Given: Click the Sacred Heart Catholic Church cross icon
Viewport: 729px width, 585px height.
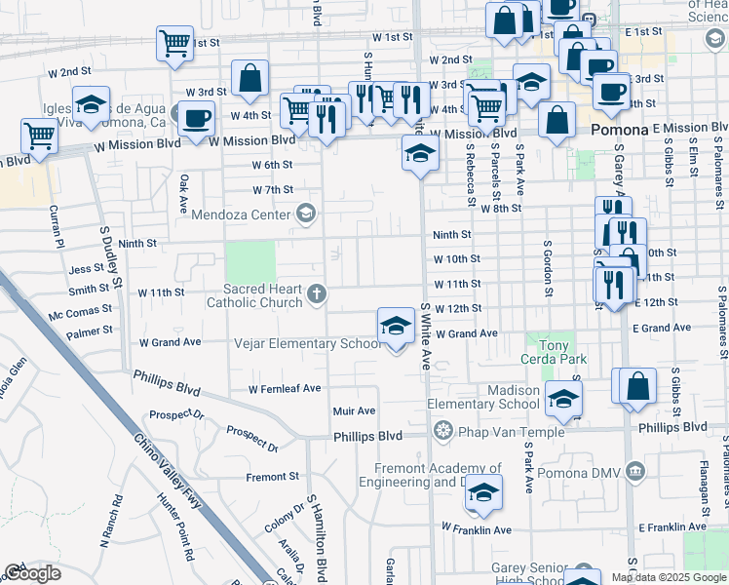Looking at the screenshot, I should point(316,292).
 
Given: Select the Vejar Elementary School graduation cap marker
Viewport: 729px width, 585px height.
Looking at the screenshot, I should point(396,327).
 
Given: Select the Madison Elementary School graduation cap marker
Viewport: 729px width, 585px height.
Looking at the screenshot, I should point(562,398).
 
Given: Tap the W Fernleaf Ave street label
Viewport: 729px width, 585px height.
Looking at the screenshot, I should point(285,388).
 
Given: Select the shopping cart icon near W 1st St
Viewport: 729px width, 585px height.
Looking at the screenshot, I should point(174,43).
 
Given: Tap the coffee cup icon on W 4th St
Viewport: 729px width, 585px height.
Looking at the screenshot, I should point(196,118).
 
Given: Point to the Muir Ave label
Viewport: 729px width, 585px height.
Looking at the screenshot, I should point(354,411).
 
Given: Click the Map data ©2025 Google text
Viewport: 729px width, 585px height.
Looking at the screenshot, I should point(669,577).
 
